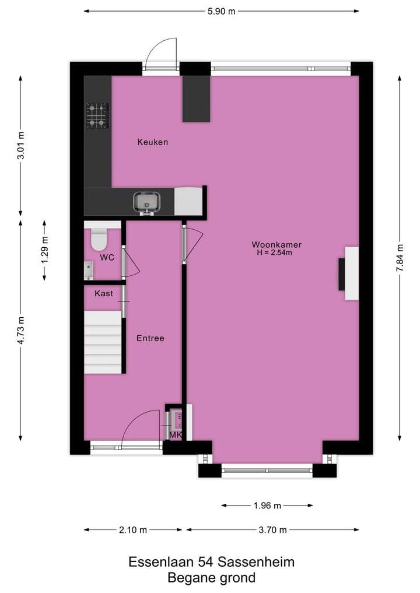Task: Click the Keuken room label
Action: (153, 142)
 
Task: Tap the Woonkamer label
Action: (276, 244)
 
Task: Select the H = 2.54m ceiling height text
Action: (274, 253)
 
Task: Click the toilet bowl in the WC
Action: (99, 239)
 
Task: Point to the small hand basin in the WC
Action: (89, 271)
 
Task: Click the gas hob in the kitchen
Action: (97, 115)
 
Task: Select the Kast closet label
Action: (104, 294)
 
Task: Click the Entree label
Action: (150, 338)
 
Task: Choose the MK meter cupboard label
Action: (176, 435)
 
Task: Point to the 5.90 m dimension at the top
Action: (221, 11)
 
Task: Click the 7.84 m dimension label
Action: (400, 257)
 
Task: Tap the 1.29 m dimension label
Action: (44, 250)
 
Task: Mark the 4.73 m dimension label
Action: (20, 331)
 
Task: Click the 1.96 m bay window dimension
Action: (267, 506)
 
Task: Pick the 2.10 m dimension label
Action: (132, 530)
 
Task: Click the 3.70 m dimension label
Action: (272, 530)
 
